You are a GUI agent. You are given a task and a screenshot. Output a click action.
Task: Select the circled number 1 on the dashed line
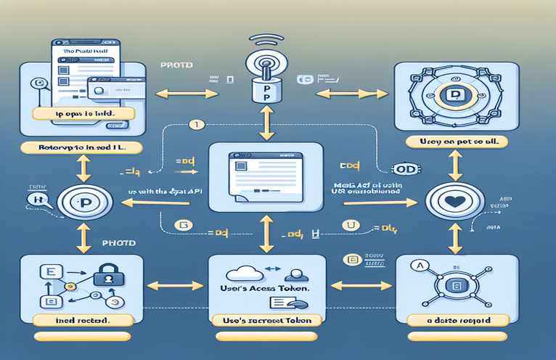[x=194, y=125]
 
